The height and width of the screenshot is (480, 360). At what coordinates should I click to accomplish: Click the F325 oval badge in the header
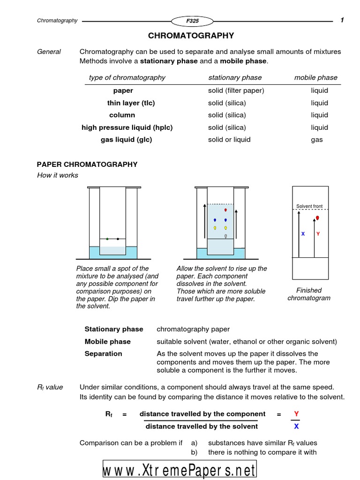[x=192, y=21]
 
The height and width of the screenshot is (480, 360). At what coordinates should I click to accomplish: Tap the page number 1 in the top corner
[x=342, y=20]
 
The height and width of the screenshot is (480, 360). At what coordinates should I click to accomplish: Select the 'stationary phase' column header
[x=235, y=77]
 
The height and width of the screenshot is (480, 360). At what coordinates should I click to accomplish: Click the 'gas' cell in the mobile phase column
[x=317, y=139]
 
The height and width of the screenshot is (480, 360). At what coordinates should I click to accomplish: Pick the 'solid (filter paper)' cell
[x=236, y=90]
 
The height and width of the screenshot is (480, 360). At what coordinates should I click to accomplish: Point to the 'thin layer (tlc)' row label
[x=131, y=103]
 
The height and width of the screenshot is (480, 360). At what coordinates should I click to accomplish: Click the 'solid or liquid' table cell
[x=229, y=139]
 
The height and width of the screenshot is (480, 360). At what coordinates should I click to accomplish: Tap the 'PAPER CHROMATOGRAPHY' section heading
[x=87, y=164]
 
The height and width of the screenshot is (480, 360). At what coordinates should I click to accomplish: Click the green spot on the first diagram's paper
[x=107, y=239]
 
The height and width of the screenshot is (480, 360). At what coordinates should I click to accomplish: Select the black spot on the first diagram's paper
[x=118, y=239]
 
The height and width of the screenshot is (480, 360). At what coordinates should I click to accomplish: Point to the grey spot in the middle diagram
[x=225, y=236]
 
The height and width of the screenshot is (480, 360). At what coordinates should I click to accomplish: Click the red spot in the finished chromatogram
[x=317, y=218]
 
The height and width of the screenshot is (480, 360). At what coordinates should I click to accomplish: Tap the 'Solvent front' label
[x=309, y=206]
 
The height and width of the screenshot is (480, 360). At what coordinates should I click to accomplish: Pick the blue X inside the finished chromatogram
[x=303, y=233]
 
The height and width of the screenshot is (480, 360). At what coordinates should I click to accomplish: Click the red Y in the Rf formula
[x=296, y=414]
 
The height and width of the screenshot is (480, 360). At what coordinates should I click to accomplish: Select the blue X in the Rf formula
[x=296, y=426]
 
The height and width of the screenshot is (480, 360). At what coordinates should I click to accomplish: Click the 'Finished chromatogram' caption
[x=309, y=294]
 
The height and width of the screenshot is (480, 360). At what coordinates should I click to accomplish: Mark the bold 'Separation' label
[x=103, y=353]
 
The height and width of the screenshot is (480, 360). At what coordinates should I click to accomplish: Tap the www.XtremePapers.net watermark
[x=180, y=470]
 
